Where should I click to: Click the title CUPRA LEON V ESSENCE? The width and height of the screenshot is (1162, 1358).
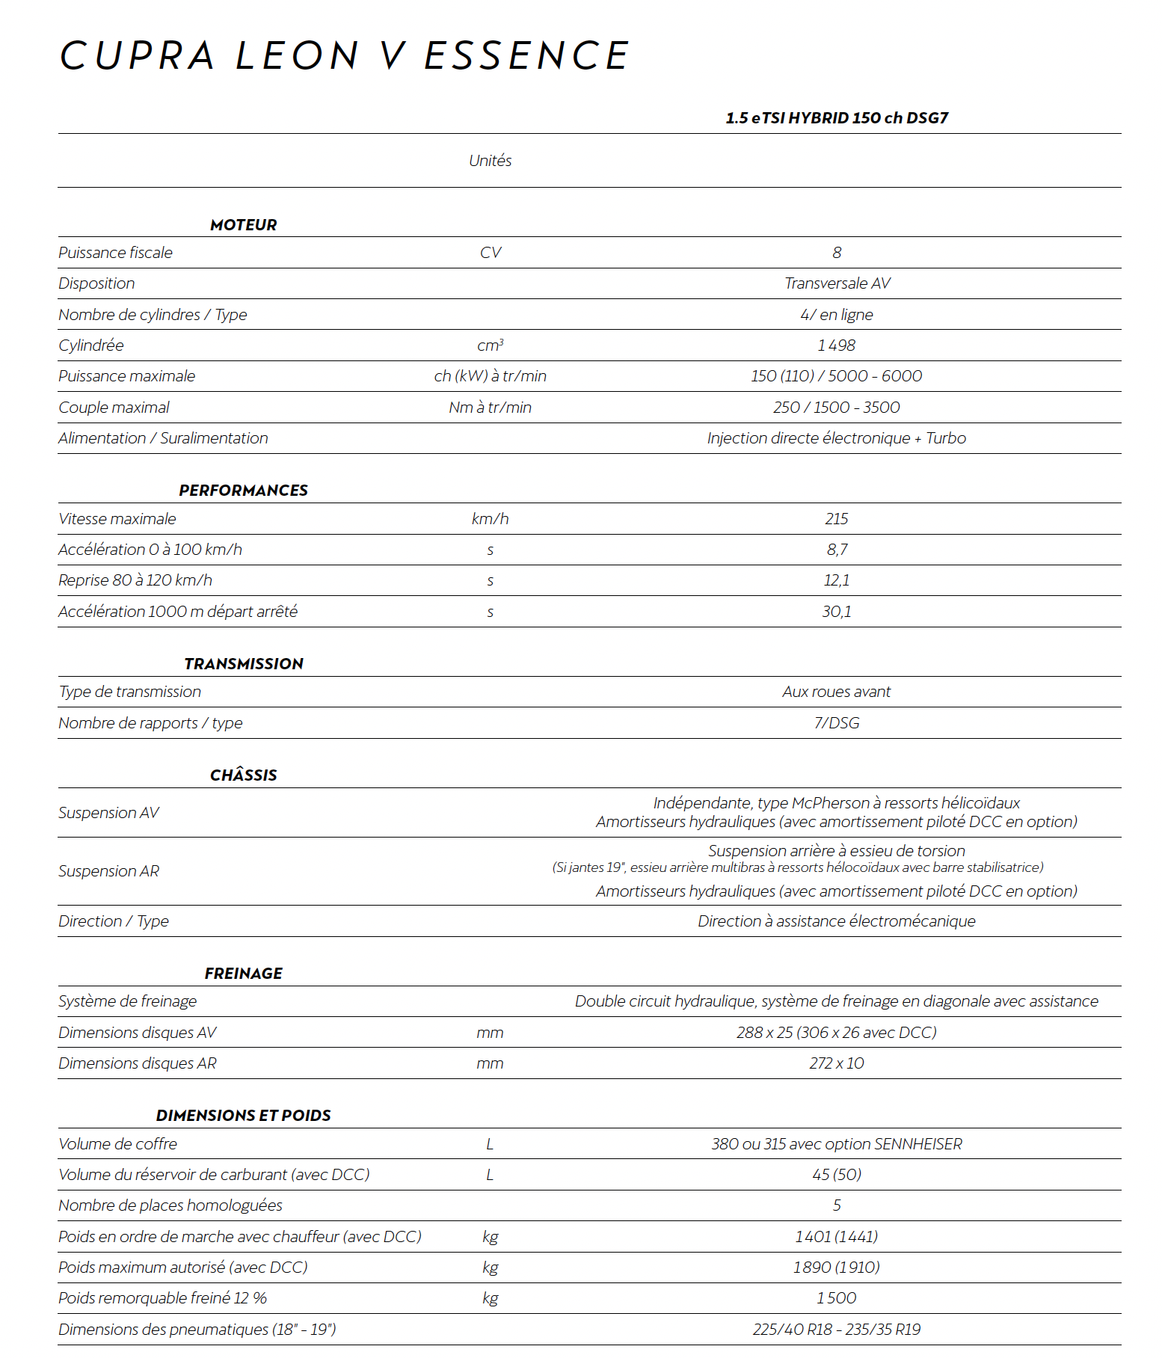pyautogui.click(x=344, y=56)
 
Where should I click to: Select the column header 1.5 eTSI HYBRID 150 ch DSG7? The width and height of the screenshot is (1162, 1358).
pyautogui.click(x=836, y=118)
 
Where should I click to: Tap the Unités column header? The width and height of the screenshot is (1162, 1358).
pyautogui.click(x=490, y=161)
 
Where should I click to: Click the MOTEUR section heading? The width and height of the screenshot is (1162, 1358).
pyautogui.click(x=243, y=225)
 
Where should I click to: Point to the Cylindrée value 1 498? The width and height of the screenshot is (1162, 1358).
pyautogui.click(x=836, y=345)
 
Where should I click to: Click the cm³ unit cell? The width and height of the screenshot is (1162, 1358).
pyautogui.click(x=490, y=345)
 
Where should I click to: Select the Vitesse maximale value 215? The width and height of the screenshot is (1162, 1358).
pyautogui.click(x=836, y=519)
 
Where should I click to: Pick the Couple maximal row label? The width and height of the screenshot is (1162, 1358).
pyautogui.click(x=114, y=408)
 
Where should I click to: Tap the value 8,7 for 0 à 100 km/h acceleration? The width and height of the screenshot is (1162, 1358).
pyautogui.click(x=836, y=550)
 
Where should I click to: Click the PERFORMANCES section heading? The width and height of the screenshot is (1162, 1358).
pyautogui.click(x=243, y=491)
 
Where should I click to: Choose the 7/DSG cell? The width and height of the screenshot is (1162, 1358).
pyautogui.click(x=836, y=723)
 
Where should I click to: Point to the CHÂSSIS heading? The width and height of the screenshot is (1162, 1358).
pyautogui.click(x=243, y=775)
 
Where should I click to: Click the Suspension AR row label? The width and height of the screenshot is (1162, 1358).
pyautogui.click(x=108, y=871)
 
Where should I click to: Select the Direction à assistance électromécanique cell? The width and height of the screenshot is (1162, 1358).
pyautogui.click(x=836, y=921)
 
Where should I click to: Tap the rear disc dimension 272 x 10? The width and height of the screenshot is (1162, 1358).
pyautogui.click(x=836, y=1063)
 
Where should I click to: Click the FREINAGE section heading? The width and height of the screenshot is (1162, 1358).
pyautogui.click(x=243, y=974)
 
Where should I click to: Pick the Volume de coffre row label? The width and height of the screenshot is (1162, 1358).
pyautogui.click(x=117, y=1144)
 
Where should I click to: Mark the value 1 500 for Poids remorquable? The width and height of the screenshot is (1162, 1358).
pyautogui.click(x=836, y=1298)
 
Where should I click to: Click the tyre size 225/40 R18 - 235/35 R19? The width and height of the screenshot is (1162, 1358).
pyautogui.click(x=836, y=1330)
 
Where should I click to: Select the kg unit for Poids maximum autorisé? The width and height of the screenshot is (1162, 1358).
pyautogui.click(x=490, y=1268)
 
